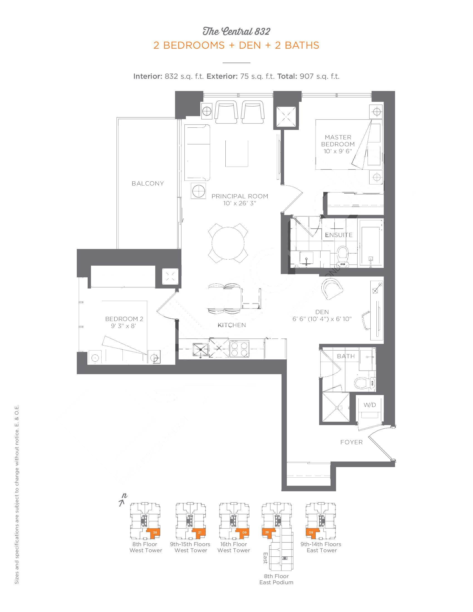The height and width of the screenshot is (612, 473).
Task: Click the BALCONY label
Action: [148, 184]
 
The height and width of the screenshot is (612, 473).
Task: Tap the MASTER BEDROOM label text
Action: [338, 141]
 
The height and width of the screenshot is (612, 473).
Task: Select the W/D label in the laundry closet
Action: [370, 405]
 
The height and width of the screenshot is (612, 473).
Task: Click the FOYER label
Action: [352, 442]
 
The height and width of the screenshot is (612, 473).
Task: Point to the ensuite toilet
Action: [343, 256]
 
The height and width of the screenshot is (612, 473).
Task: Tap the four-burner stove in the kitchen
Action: [239, 349]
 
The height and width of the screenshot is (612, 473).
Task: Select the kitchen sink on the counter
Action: [201, 350]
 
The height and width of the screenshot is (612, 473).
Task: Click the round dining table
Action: [228, 243]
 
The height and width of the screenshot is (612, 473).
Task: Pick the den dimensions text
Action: [322, 319]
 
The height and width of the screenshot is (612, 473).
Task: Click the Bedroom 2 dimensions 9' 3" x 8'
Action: [124, 326]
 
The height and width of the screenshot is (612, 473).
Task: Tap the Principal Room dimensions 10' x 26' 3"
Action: [240, 203]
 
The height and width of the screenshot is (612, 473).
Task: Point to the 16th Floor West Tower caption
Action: [234, 547]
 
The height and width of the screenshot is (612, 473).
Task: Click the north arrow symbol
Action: [122, 500]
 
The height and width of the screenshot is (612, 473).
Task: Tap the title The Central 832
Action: [236, 31]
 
